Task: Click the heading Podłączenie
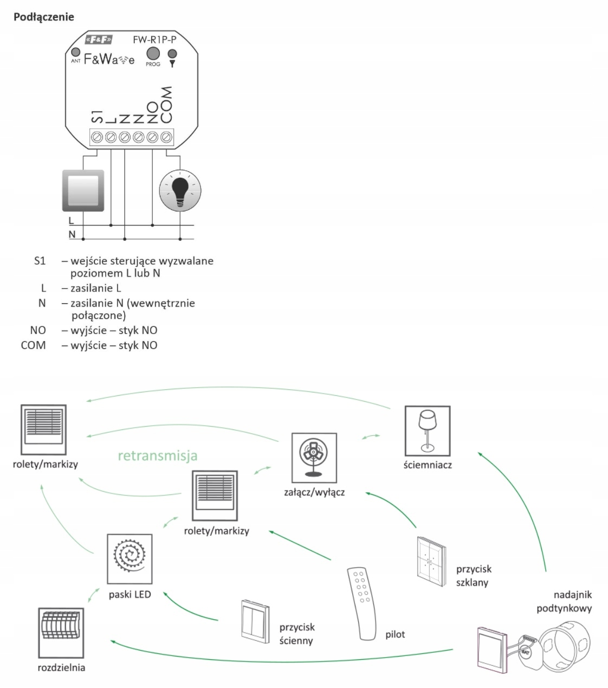pyautogui.click(x=43, y=17)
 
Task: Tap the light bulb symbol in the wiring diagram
pyautogui.click(x=180, y=191)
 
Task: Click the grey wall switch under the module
pyautogui.click(x=83, y=190)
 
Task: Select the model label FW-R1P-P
pyautogui.click(x=154, y=40)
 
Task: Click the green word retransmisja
pyautogui.click(x=158, y=455)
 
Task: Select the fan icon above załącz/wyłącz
pyautogui.click(x=314, y=458)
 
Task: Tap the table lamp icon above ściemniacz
pyautogui.click(x=428, y=431)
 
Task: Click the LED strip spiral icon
pyautogui.click(x=130, y=558)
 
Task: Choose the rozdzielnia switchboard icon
pyautogui.click(x=61, y=632)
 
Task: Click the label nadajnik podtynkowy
pyautogui.click(x=564, y=601)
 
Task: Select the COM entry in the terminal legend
pyautogui.click(x=33, y=345)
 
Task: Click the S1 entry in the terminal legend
pyautogui.click(x=40, y=261)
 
